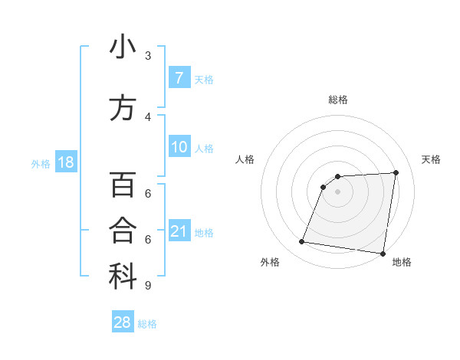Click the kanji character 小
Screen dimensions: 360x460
tap(123, 47)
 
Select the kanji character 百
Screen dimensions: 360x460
tap(123, 185)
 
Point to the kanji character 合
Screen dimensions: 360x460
tap(123, 231)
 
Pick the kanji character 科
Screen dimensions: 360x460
tap(123, 277)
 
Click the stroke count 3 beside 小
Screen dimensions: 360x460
tap(148, 55)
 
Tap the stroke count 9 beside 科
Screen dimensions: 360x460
tap(147, 286)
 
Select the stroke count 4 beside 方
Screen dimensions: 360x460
tap(148, 116)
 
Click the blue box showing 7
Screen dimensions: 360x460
tap(179, 77)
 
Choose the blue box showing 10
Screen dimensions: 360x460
tap(179, 147)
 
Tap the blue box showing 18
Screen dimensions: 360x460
tap(65, 162)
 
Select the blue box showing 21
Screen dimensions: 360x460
tap(179, 231)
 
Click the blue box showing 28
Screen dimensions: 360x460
tap(123, 322)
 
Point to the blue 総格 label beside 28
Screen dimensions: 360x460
tap(147, 324)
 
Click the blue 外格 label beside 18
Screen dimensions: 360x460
tap(41, 163)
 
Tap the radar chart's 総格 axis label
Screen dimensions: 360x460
tap(338, 100)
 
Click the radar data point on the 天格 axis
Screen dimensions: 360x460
tap(396, 172)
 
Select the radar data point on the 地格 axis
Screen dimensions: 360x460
tap(383, 254)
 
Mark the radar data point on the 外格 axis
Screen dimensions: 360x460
tap(302, 242)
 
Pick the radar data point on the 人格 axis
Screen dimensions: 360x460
tap(324, 186)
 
